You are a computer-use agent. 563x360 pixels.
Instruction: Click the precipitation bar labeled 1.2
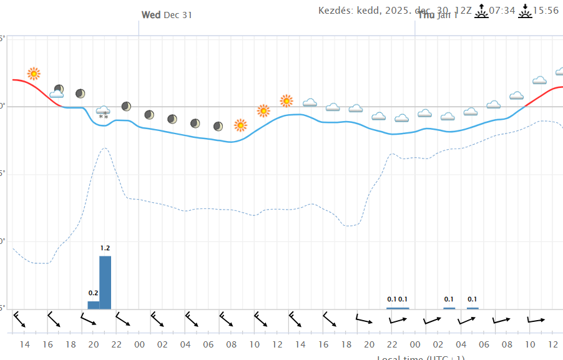point(105,282)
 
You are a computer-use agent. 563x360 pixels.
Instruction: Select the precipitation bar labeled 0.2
point(94,305)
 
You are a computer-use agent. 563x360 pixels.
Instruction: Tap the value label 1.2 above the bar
point(105,248)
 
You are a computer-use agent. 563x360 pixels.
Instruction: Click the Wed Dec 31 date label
point(167,15)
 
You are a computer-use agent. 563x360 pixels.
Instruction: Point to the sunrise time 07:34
point(502,11)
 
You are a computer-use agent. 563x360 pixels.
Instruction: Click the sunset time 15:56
point(546,11)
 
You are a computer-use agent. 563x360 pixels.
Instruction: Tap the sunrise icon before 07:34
point(481,11)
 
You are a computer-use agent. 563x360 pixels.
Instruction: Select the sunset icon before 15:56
point(525,11)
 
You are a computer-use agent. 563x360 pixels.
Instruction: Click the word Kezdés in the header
point(335,11)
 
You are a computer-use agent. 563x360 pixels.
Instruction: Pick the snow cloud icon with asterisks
point(104,112)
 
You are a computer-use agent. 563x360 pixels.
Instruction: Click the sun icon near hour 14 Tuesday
point(34,74)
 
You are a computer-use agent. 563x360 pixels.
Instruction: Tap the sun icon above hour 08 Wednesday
point(240,125)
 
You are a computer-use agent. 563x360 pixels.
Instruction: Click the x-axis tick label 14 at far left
point(25,344)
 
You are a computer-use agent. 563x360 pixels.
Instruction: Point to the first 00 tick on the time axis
point(139,344)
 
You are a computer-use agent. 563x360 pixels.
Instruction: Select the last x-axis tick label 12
point(552,344)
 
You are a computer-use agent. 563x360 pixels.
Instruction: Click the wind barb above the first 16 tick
point(54,320)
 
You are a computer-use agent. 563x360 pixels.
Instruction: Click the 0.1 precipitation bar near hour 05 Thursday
point(473,308)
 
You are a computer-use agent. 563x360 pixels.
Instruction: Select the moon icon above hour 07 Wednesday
point(218,126)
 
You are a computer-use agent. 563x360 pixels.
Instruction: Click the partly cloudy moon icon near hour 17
point(57,92)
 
